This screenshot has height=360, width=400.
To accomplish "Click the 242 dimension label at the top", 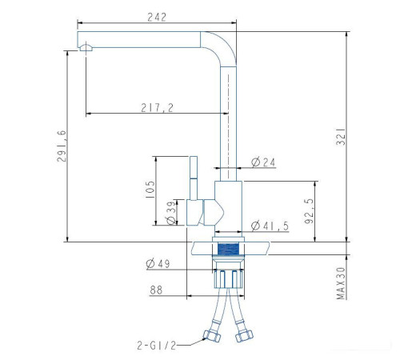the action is click(x=157, y=18).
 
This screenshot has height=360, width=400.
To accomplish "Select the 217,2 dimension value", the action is click(x=158, y=108).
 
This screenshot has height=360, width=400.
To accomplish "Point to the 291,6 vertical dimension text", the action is click(x=62, y=146).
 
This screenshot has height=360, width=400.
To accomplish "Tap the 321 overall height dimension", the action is click(x=341, y=137).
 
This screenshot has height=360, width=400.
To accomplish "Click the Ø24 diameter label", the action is click(x=263, y=162).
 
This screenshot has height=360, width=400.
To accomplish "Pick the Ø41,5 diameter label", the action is click(x=270, y=226).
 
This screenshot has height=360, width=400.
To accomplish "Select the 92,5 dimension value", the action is click(x=310, y=210).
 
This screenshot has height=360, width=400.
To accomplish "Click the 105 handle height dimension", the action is click(x=150, y=190).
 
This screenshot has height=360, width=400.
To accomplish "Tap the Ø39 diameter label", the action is click(x=171, y=213).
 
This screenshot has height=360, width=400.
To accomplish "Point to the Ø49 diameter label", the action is click(x=158, y=264).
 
